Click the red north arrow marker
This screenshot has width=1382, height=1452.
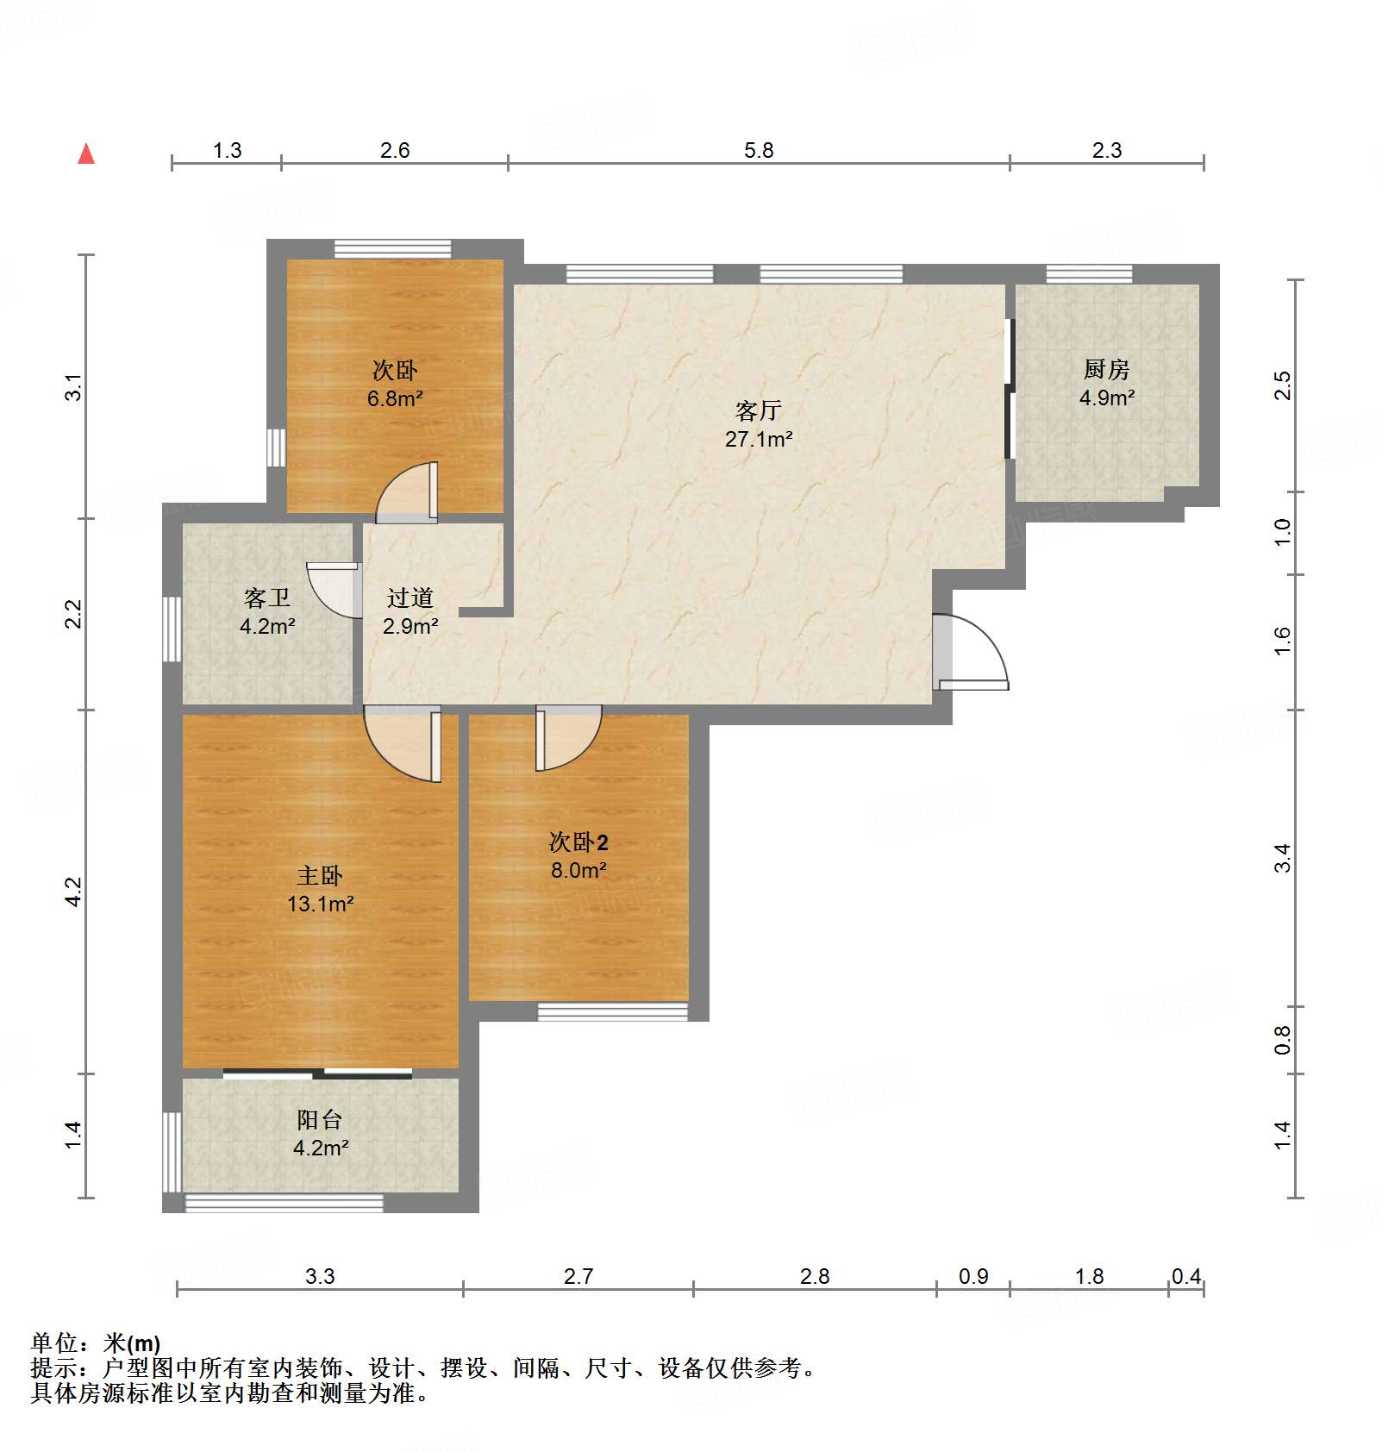(x=86, y=154)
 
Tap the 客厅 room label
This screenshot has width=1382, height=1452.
(x=758, y=410)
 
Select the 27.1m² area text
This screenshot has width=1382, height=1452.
(x=758, y=439)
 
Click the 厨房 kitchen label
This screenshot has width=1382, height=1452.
(x=1106, y=369)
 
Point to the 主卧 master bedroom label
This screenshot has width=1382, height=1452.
(x=320, y=876)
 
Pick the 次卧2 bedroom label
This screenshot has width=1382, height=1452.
(x=578, y=842)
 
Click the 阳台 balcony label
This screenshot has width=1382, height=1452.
(x=320, y=1119)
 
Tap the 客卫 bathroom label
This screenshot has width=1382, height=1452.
(x=266, y=598)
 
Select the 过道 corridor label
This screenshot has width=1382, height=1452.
(x=410, y=598)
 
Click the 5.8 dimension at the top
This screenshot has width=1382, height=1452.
(x=759, y=150)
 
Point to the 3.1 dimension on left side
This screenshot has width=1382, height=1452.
(x=74, y=387)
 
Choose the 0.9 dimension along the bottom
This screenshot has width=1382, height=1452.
(x=973, y=1276)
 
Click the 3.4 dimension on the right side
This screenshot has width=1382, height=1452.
(x=1282, y=858)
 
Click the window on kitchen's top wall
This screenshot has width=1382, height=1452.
(x=1089, y=273)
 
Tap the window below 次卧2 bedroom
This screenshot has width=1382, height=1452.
(x=612, y=1011)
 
